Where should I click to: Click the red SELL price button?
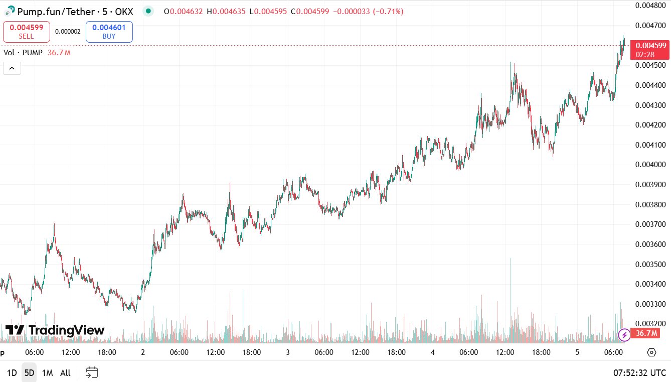pos(27,32)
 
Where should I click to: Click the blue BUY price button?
pos(109,32)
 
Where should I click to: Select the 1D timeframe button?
pos(12,373)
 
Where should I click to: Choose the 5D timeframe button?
pos(29,373)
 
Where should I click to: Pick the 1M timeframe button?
pos(47,373)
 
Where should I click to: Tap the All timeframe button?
pos(65,373)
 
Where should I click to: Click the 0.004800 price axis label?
pos(650,6)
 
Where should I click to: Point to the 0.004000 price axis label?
pos(650,165)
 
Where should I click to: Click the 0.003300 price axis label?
pos(650,304)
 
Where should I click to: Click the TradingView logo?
pos(55,330)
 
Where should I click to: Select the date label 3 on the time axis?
pos(288,352)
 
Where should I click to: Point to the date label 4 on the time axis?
pos(432,352)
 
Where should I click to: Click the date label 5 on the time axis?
pos(577,352)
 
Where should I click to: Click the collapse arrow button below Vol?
pos(12,68)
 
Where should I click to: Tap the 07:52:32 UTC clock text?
pos(639,373)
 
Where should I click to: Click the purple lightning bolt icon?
pos(624,334)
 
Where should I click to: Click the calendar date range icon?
pos(92,372)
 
